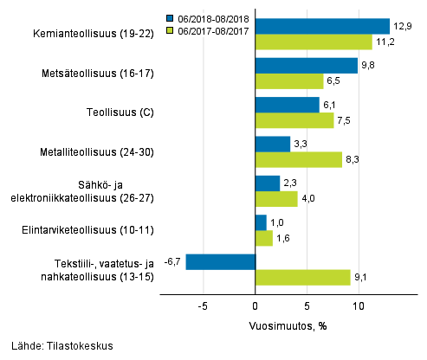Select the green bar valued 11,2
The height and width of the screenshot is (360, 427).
[314, 42]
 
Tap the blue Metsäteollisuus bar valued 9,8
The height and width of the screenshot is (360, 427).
[307, 66]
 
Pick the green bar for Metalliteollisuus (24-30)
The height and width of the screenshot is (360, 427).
[299, 159]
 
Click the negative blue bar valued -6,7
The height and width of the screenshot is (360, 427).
[221, 261]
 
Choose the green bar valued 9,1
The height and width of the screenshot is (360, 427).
[303, 277]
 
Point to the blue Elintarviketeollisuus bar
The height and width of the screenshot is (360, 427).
[261, 222]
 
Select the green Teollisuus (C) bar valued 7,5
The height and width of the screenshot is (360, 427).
[294, 120]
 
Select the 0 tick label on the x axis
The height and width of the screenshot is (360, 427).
[256, 306]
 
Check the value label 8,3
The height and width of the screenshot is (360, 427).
[353, 159]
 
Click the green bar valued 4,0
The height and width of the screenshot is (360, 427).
[276, 198]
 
